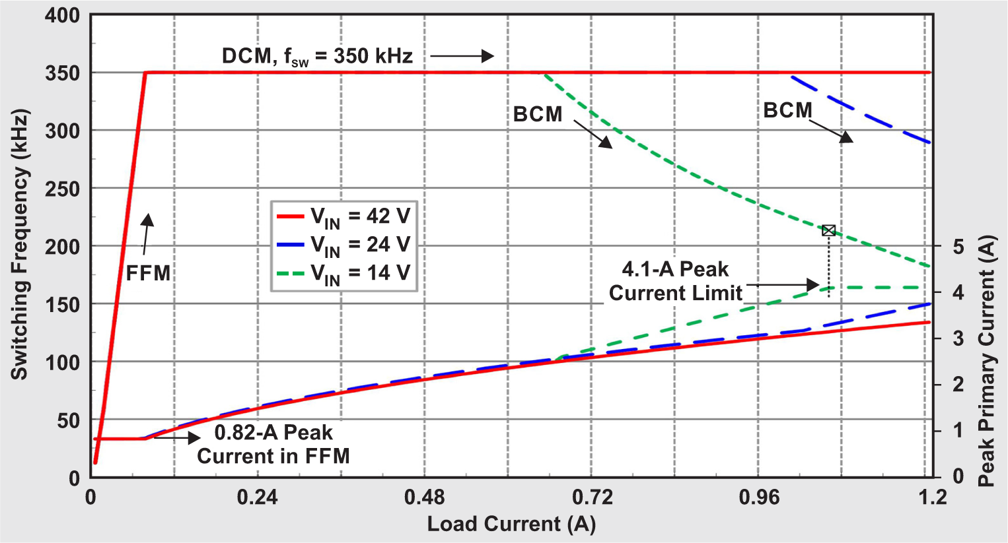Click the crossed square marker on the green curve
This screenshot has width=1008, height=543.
tap(828, 230)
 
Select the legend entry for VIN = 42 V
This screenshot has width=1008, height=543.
tap(343, 216)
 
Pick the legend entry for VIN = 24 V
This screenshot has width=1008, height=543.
tap(343, 245)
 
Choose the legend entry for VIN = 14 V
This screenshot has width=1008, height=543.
tap(343, 273)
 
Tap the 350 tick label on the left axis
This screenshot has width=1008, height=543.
tap(63, 73)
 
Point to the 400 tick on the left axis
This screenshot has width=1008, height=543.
tap(63, 15)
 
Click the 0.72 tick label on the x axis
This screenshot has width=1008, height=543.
tap(592, 497)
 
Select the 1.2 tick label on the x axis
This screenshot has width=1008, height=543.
tap(932, 497)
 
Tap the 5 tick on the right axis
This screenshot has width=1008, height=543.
tap(958, 247)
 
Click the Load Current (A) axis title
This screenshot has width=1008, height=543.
tap(511, 524)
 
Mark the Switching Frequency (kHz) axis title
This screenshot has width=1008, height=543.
tap(20, 245)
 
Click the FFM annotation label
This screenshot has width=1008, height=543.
tap(148, 273)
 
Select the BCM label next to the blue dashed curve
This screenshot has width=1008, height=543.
tap(787, 110)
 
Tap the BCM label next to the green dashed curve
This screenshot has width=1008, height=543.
tap(538, 114)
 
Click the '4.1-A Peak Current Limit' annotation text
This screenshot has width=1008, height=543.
tap(675, 281)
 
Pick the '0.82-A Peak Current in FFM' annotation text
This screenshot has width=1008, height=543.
tap(273, 444)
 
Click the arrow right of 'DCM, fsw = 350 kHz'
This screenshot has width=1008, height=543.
tap(462, 56)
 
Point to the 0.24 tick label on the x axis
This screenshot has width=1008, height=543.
tap(258, 497)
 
